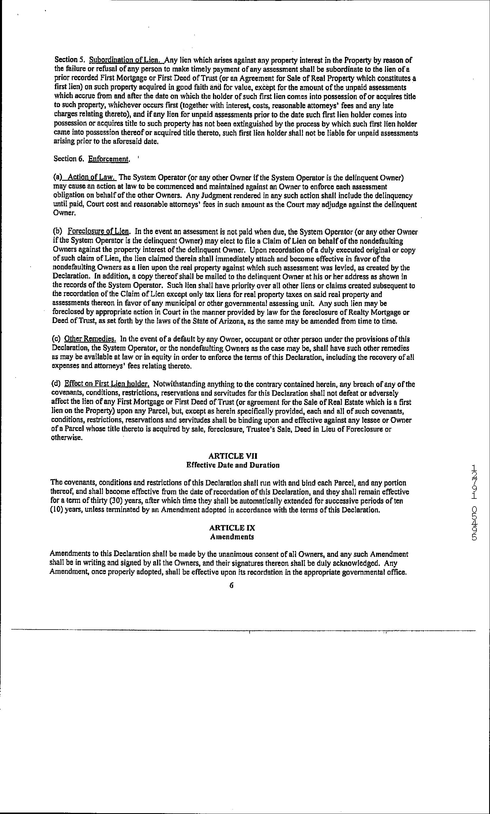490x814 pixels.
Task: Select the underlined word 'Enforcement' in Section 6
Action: pyautogui.click(x=108, y=159)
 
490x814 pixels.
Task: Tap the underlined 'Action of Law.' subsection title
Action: pyautogui.click(x=91, y=178)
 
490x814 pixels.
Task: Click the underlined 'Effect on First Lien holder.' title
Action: pyautogui.click(x=107, y=384)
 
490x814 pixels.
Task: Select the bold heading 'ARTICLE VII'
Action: pyautogui.click(x=233, y=456)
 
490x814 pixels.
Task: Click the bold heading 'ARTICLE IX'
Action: pyautogui.click(x=232, y=528)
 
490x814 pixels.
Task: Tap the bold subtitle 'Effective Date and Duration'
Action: pyautogui.click(x=233, y=465)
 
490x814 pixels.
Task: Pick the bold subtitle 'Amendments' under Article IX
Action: pyautogui.click(x=232, y=537)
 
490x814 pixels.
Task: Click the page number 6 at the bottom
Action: pyautogui.click(x=231, y=585)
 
